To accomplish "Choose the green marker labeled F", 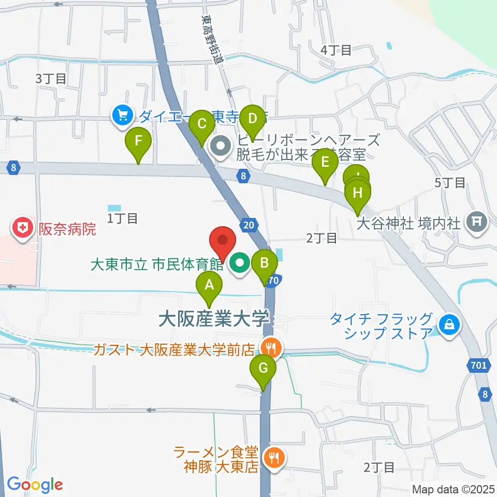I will click(138, 141).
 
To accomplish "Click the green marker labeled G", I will click(263, 370).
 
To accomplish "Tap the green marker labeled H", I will click(358, 194).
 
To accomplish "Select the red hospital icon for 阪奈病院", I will click(22, 228).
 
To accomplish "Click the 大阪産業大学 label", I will click(214, 318).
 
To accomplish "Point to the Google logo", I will click(35, 485).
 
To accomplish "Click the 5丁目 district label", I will click(450, 182).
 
